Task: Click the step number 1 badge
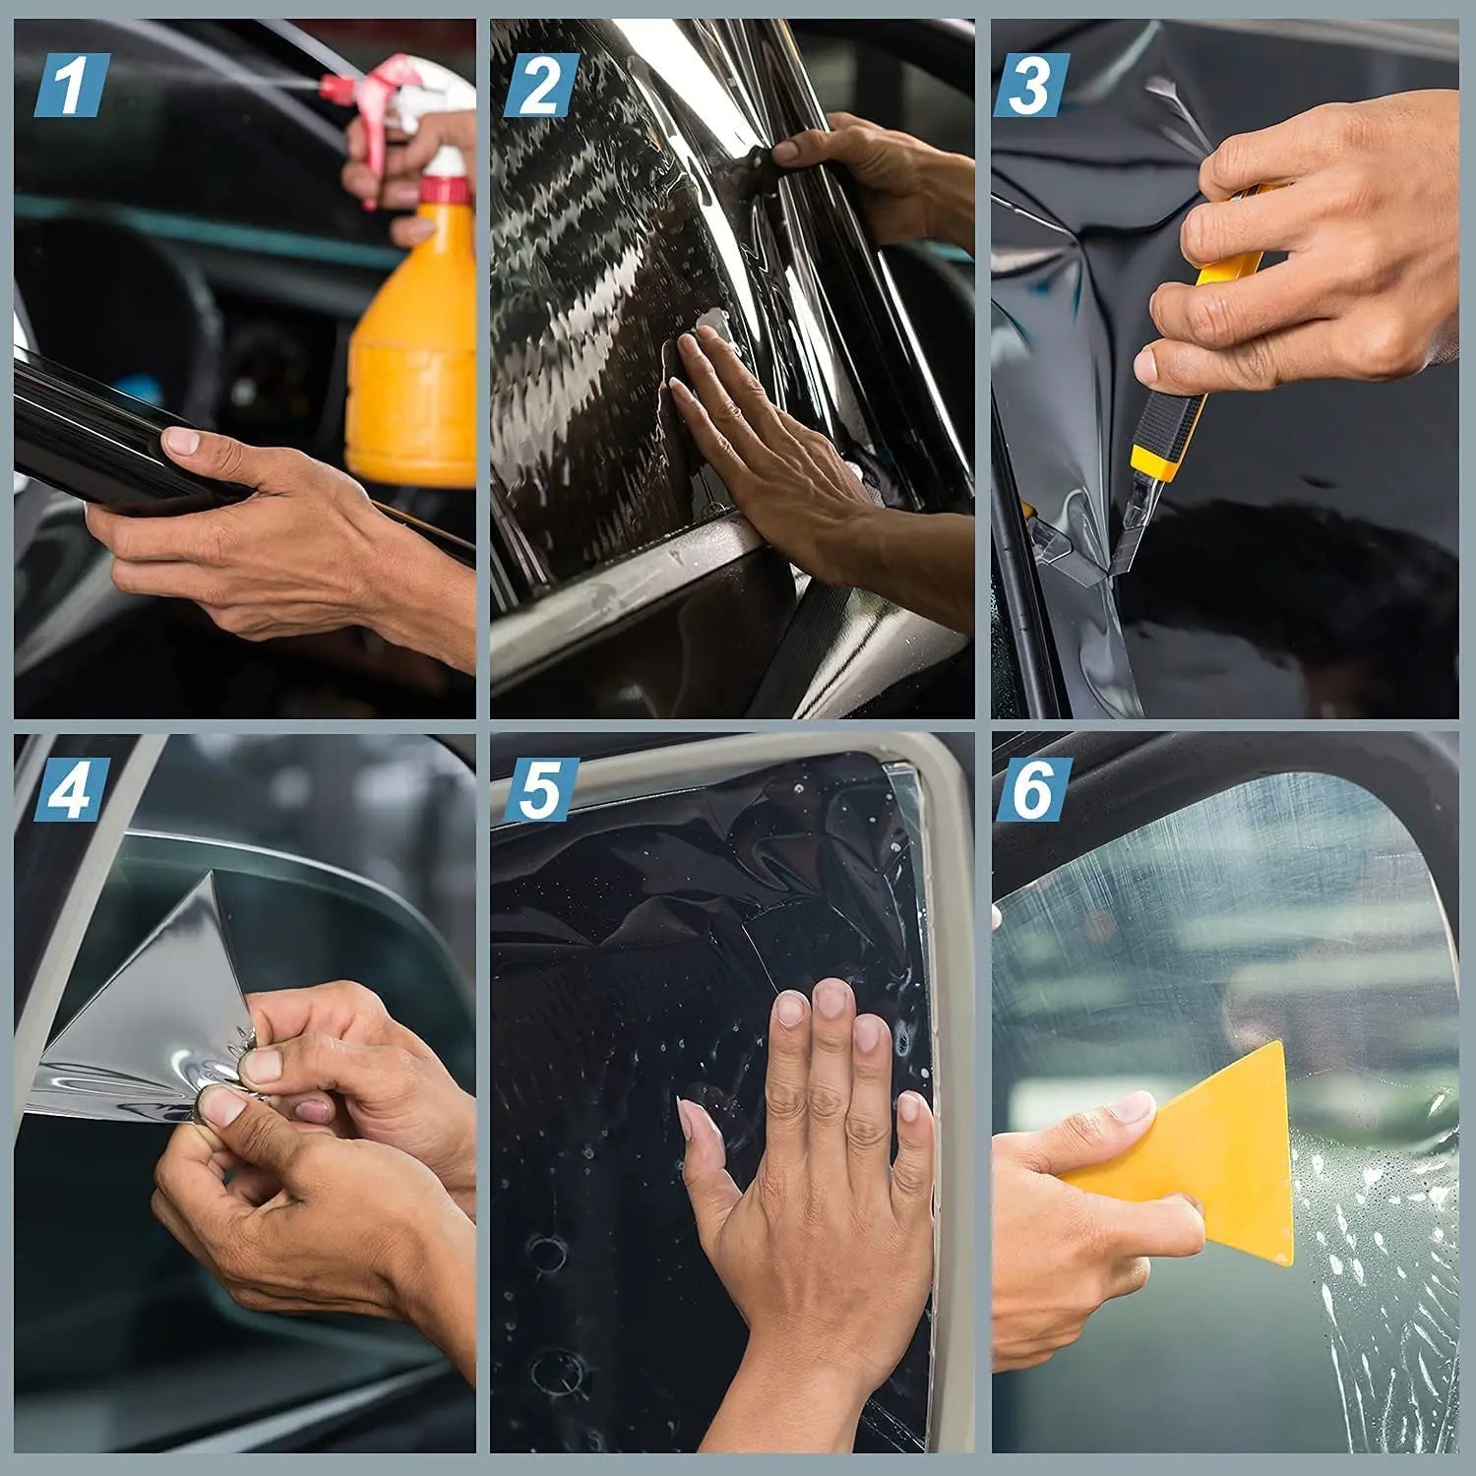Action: pos(71,85)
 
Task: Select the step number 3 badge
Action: pos(1030,85)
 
